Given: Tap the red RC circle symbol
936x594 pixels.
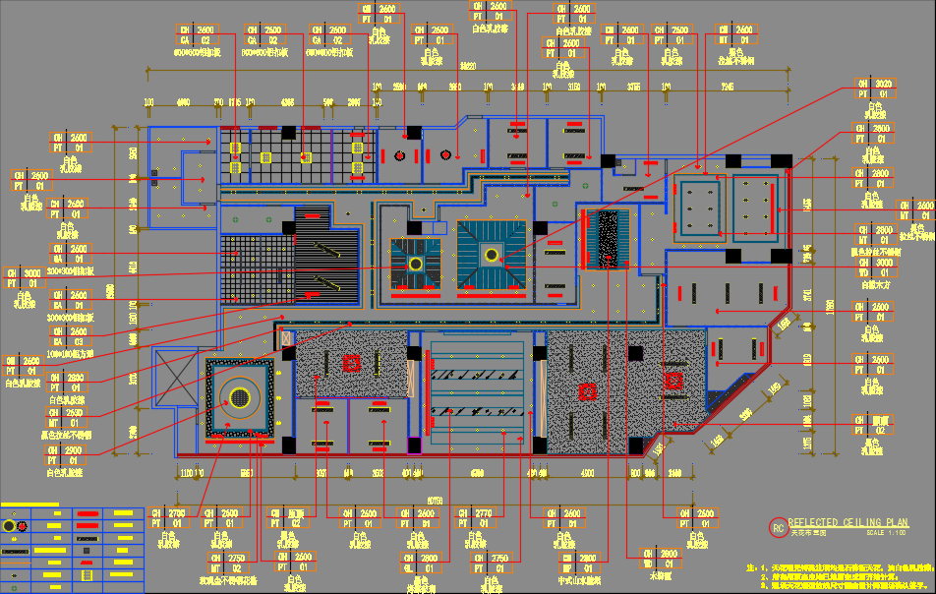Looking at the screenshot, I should pos(778,528).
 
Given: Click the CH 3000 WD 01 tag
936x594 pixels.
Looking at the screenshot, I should pos(877,268).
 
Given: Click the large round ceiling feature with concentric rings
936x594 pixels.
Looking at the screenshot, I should pos(239,398).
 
